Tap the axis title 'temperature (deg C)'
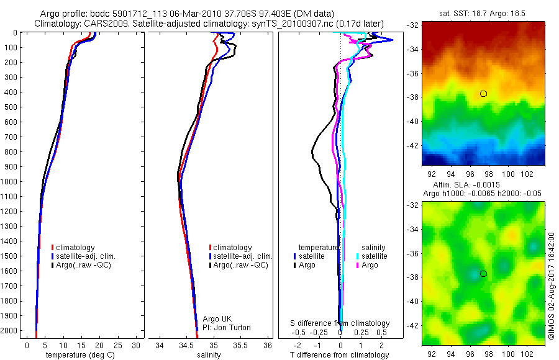pos(79,355)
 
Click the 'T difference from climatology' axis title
pos(340,355)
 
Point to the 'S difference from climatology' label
pos(340,323)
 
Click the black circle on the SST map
pos(483,94)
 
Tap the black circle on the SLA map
pos(483,274)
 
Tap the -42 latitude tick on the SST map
pos(414,145)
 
